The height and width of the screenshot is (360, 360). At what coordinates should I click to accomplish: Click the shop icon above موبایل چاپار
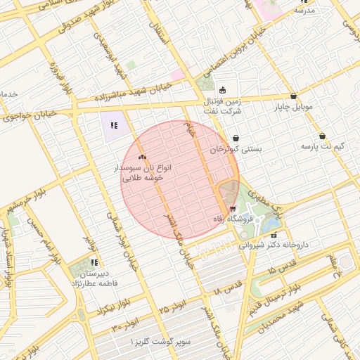[x=293, y=96]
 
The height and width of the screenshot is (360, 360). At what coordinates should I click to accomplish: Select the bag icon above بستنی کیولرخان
[x=236, y=139]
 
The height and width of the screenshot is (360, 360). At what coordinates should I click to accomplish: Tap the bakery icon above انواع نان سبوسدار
[x=143, y=157]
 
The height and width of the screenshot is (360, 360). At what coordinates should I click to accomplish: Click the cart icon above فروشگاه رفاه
[x=233, y=209]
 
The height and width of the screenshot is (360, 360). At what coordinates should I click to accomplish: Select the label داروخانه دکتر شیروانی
[x=274, y=245]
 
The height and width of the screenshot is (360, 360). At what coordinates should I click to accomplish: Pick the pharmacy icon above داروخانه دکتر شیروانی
[x=274, y=235]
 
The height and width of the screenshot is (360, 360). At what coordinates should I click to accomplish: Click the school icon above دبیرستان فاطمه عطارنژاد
[x=94, y=262]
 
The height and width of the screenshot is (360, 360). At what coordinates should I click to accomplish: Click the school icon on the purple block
[x=113, y=127]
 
